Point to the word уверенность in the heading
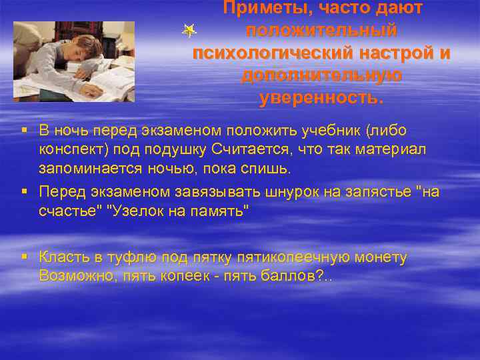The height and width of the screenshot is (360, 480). click(x=320, y=98)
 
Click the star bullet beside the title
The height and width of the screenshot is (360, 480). click(x=190, y=29)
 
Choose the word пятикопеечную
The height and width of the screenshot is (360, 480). click(x=261, y=257)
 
